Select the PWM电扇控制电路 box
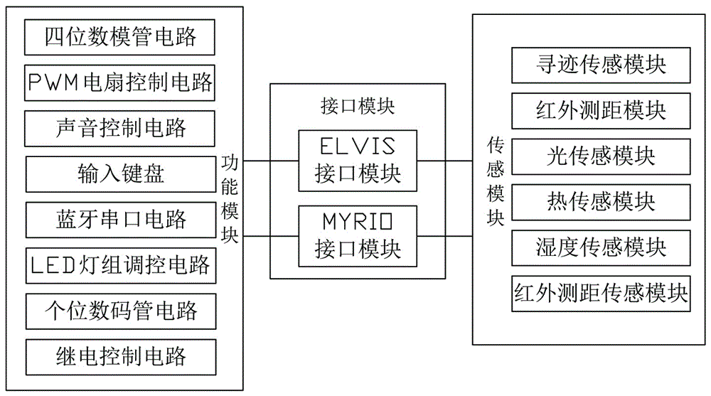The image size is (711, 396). pyautogui.click(x=120, y=82)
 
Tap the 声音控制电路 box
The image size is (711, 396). pyautogui.click(x=120, y=128)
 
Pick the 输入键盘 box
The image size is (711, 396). pyautogui.click(x=120, y=173)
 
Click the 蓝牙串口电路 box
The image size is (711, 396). pyautogui.click(x=120, y=219)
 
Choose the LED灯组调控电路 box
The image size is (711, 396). pyautogui.click(x=120, y=265)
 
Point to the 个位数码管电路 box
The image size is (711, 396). pyautogui.click(x=120, y=310)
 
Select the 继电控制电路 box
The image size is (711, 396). pyautogui.click(x=120, y=355)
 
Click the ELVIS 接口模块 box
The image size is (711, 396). pyautogui.click(x=358, y=161)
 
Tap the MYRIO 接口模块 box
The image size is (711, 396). pyautogui.click(x=358, y=236)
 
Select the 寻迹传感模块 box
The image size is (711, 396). pyautogui.click(x=601, y=65)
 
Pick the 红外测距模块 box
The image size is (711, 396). pyautogui.click(x=601, y=110)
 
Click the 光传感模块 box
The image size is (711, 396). pyautogui.click(x=601, y=156)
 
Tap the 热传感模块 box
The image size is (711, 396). pyautogui.click(x=601, y=201)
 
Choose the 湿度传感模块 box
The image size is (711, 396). pyautogui.click(x=601, y=247)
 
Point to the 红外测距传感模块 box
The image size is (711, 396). pyautogui.click(x=601, y=292)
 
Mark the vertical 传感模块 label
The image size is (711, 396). pyautogui.click(x=496, y=182)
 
